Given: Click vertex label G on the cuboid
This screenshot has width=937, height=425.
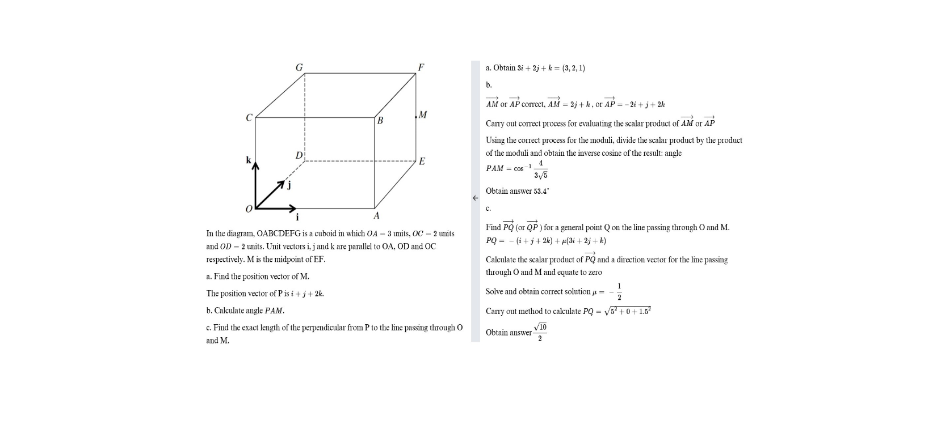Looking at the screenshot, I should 299,67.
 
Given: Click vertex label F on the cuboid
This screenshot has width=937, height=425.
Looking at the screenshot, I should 421,67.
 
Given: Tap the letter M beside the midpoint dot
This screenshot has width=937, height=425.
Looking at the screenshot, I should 422,115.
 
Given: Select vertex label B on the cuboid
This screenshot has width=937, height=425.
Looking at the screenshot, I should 380,121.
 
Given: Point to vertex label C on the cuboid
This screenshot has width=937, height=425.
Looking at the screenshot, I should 249,118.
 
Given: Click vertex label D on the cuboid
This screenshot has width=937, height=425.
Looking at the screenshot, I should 299,155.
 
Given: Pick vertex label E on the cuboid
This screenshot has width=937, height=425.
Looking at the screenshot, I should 422,161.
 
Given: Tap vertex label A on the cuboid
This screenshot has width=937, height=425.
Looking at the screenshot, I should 376,216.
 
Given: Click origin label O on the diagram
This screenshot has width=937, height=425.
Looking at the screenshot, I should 249,209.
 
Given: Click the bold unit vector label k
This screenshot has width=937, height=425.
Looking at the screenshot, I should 248,160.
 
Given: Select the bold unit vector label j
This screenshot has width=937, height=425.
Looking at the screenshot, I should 288,185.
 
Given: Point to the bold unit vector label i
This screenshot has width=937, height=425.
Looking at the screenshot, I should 297,217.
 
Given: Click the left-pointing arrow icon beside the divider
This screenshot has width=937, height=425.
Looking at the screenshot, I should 476,198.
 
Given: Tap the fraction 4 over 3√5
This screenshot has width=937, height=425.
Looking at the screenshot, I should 540,169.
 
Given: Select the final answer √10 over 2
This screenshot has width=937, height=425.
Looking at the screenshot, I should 540,333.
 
